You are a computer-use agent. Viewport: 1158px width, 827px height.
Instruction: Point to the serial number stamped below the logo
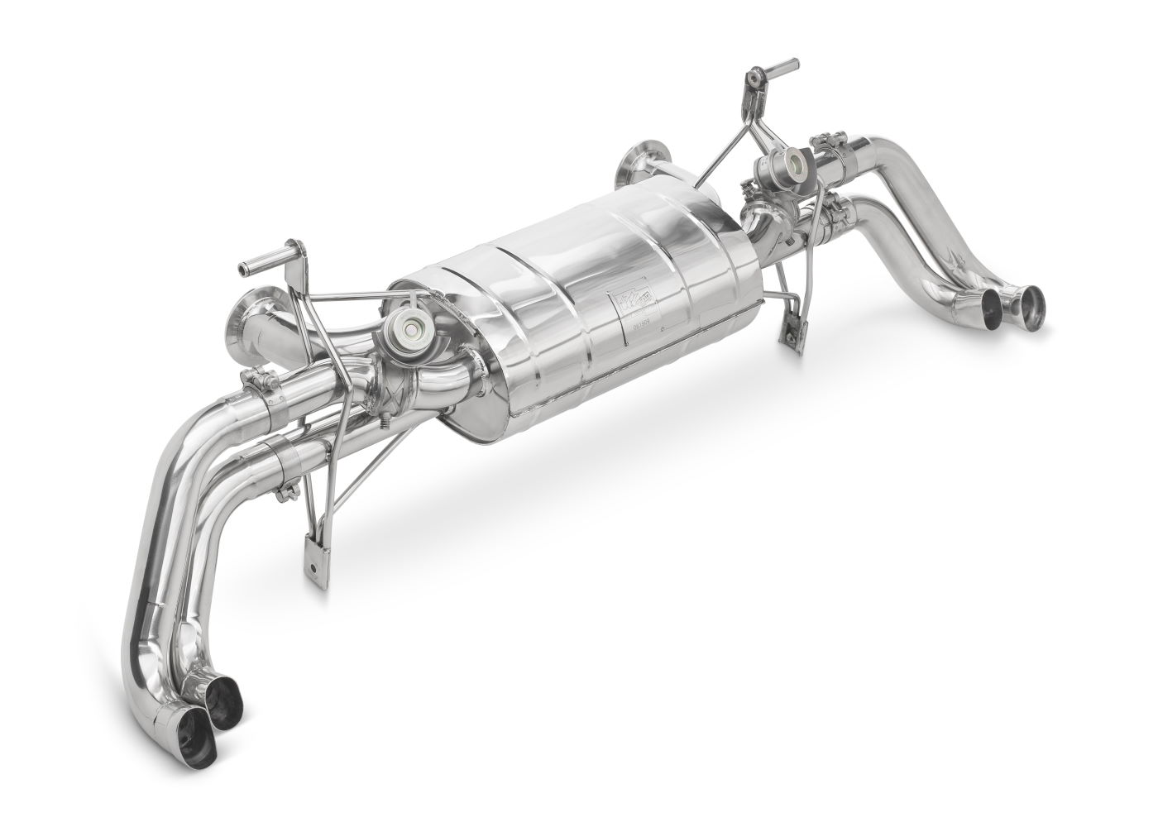coord(640,327)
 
